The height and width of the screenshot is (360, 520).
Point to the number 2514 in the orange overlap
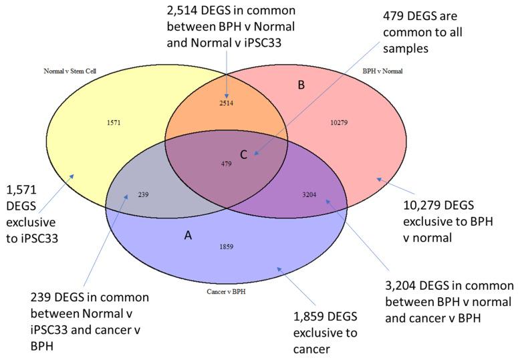point(227,104)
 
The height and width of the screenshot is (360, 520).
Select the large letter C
point(244,155)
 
